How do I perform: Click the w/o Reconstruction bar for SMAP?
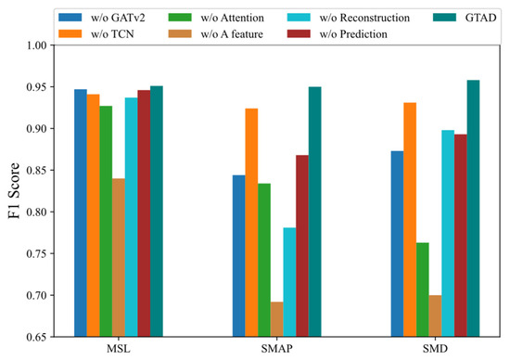[x=289, y=282]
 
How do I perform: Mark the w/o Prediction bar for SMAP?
[x=302, y=246]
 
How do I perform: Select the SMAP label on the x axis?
[x=276, y=350]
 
